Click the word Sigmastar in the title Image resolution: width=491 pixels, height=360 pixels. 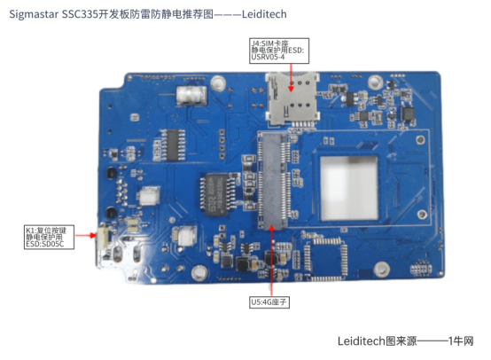click(x=34, y=15)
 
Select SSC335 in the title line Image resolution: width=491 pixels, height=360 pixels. click(x=82, y=15)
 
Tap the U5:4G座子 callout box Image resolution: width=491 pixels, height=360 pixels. click(x=270, y=301)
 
